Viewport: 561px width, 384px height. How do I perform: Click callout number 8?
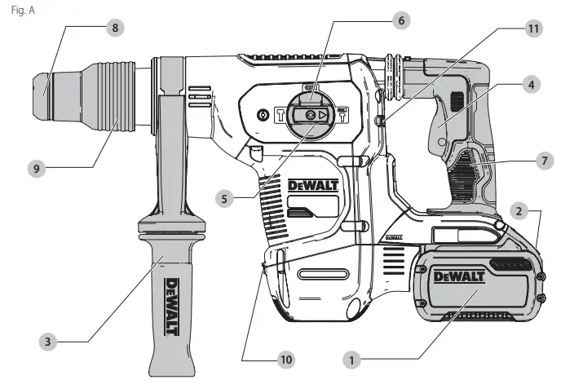pyautogui.click(x=115, y=27)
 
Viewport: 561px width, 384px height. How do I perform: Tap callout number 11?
pyautogui.click(x=533, y=28)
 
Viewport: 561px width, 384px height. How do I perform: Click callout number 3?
pyautogui.click(x=49, y=342)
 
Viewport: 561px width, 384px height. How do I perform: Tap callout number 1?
pyautogui.click(x=352, y=358)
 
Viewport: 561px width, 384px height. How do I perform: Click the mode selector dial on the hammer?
pyautogui.click(x=310, y=115)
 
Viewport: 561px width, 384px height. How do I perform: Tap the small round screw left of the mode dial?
pyautogui.click(x=263, y=115)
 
